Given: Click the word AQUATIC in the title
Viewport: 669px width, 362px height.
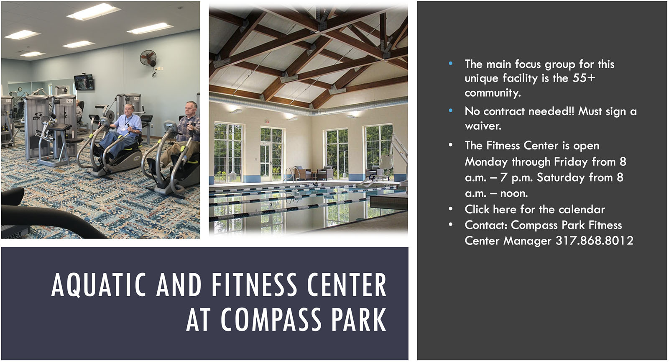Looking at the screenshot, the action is pyautogui.click(x=99, y=285).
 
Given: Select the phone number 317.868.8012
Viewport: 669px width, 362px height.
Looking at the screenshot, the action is pyautogui.click(x=594, y=241).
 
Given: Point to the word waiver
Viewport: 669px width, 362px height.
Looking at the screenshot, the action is pyautogui.click(x=483, y=126).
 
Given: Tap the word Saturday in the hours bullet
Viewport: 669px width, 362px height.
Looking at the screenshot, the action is pyautogui.click(x=560, y=177).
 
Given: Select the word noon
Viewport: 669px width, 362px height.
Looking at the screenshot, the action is pyautogui.click(x=514, y=193).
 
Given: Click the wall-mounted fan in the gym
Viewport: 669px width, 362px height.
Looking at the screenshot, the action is pyautogui.click(x=148, y=58).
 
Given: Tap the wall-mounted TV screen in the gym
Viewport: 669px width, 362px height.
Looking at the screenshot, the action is pyautogui.click(x=84, y=82).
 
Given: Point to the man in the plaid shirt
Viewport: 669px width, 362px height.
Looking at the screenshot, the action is pyautogui.click(x=182, y=134).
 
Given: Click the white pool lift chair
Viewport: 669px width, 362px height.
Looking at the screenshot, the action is pyautogui.click(x=385, y=164).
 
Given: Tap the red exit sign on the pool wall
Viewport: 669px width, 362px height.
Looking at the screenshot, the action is pyautogui.click(x=267, y=121).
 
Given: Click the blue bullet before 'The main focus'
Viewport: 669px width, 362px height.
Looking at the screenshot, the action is pyautogui.click(x=450, y=63).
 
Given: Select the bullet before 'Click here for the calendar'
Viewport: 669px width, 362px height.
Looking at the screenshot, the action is pyautogui.click(x=450, y=208).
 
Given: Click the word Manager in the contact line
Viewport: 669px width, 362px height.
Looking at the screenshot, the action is pyautogui.click(x=527, y=241).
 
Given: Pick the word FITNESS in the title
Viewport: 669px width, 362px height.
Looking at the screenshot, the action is pyautogui.click(x=255, y=285).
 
